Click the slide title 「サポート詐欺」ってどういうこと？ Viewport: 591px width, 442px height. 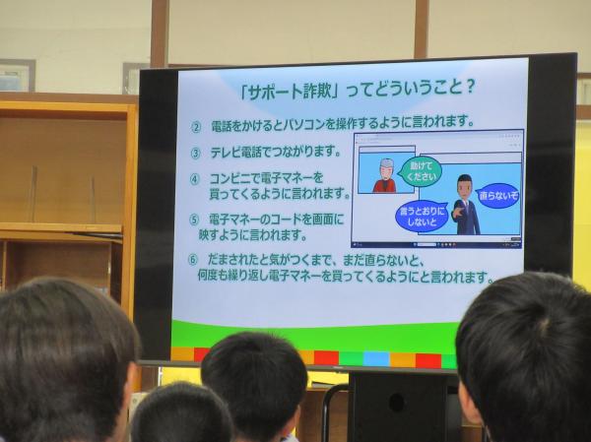click(358, 91)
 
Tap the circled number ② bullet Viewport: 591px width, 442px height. click(196, 128)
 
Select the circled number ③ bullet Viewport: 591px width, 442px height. click(196, 154)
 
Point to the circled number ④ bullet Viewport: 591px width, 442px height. click(195, 179)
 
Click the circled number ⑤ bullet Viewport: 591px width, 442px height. click(194, 221)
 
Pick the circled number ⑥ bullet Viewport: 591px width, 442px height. click(193, 260)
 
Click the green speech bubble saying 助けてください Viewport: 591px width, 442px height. click(421, 171)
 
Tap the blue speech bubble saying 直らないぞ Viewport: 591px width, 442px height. click(497, 196)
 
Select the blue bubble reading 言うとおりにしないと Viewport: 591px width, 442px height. click(422, 217)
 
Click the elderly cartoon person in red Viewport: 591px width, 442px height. click(385, 176)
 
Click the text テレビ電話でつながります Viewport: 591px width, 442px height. click(276, 153)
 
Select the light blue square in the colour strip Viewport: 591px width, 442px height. click(376, 358)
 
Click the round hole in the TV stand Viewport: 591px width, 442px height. click(397, 403)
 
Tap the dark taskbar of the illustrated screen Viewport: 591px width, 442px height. click(436, 244)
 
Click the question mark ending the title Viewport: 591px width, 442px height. click(469, 89)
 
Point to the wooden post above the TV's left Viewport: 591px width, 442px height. click(160, 33)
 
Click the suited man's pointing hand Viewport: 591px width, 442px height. click(458, 212)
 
